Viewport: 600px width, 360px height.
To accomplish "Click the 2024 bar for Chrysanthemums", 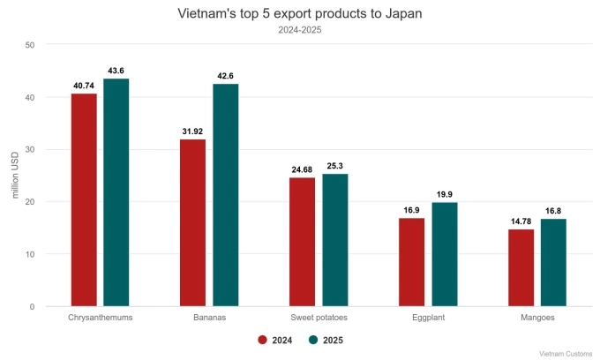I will click(84, 199).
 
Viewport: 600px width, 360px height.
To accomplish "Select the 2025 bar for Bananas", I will click(226, 195).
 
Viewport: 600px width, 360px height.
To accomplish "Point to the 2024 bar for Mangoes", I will click(521, 267).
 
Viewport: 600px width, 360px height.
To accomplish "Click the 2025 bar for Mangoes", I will click(553, 262).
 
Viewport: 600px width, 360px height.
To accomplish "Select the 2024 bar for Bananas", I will click(192, 222).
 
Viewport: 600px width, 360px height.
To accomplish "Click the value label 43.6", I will click(116, 71).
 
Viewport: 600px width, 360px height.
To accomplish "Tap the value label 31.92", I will click(192, 131).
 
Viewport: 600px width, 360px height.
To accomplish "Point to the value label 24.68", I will click(302, 169).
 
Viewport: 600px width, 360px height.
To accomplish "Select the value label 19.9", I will click(445, 194).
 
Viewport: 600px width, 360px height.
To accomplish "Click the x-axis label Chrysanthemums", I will click(100, 318).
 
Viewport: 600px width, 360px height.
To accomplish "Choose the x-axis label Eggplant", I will click(428, 318).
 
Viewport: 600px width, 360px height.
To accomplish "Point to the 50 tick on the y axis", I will click(30, 44).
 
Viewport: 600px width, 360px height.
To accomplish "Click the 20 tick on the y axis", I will click(30, 202).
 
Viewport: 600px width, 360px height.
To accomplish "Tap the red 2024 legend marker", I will click(262, 339).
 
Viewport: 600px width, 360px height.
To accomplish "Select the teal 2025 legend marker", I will click(312, 339).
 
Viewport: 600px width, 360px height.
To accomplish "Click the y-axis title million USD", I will click(15, 176).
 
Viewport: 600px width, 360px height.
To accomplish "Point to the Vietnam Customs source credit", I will click(566, 352).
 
